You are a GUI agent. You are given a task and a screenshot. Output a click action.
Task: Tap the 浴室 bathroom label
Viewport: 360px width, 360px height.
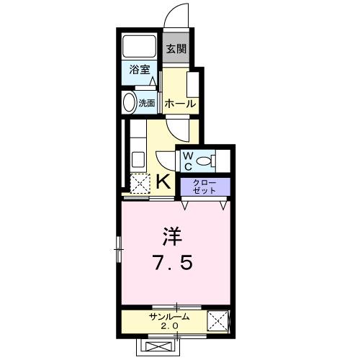click(139, 70)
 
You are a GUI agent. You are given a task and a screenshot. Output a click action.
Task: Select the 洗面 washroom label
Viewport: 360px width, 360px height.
click(146, 103)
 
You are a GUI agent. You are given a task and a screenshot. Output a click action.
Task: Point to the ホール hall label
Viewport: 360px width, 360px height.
click(180, 104)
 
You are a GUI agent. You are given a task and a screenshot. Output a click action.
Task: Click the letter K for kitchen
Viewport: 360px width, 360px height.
click(163, 181)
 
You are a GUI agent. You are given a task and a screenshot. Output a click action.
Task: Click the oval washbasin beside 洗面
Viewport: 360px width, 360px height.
click(130, 102)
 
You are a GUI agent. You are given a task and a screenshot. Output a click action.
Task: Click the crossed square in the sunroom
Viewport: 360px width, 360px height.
click(217, 320)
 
